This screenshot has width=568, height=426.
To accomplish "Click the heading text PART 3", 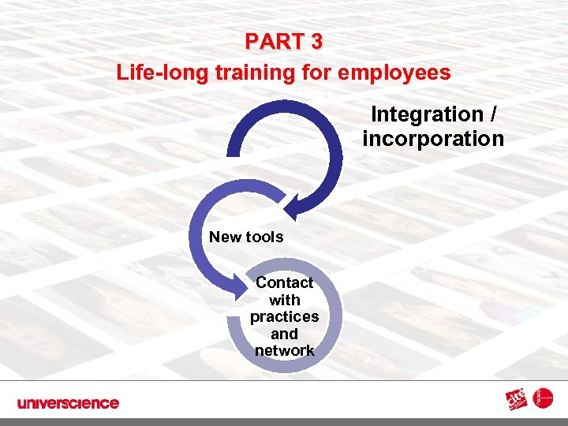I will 283,41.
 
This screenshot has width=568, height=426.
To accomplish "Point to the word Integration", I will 427,114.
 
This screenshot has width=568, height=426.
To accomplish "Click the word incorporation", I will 433,139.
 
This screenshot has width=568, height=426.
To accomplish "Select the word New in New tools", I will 226,237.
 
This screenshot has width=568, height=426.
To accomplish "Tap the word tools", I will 264,237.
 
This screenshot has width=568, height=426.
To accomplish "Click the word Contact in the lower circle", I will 284,282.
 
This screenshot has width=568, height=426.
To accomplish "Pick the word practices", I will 284,316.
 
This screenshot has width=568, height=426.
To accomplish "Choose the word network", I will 284,350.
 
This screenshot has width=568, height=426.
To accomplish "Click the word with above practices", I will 284,300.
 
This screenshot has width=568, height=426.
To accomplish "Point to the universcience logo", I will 68,403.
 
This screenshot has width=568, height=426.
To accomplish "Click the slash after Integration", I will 493,114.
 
